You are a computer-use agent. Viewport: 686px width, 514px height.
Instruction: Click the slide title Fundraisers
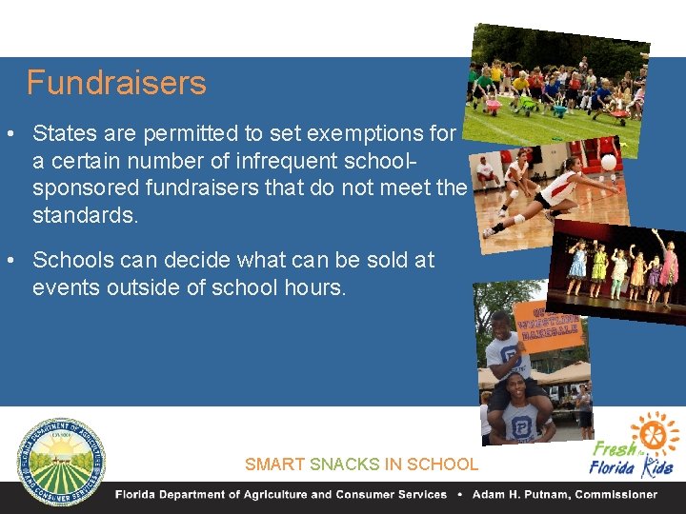coord(115,84)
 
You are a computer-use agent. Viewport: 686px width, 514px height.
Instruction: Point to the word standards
coord(85,215)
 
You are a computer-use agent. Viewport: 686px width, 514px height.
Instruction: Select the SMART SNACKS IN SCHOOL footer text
coord(361,465)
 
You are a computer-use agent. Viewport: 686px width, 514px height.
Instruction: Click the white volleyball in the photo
coord(608,162)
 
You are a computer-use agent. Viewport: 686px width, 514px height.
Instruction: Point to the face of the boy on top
coord(501,324)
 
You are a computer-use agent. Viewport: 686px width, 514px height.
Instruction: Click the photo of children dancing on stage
coord(619,271)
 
